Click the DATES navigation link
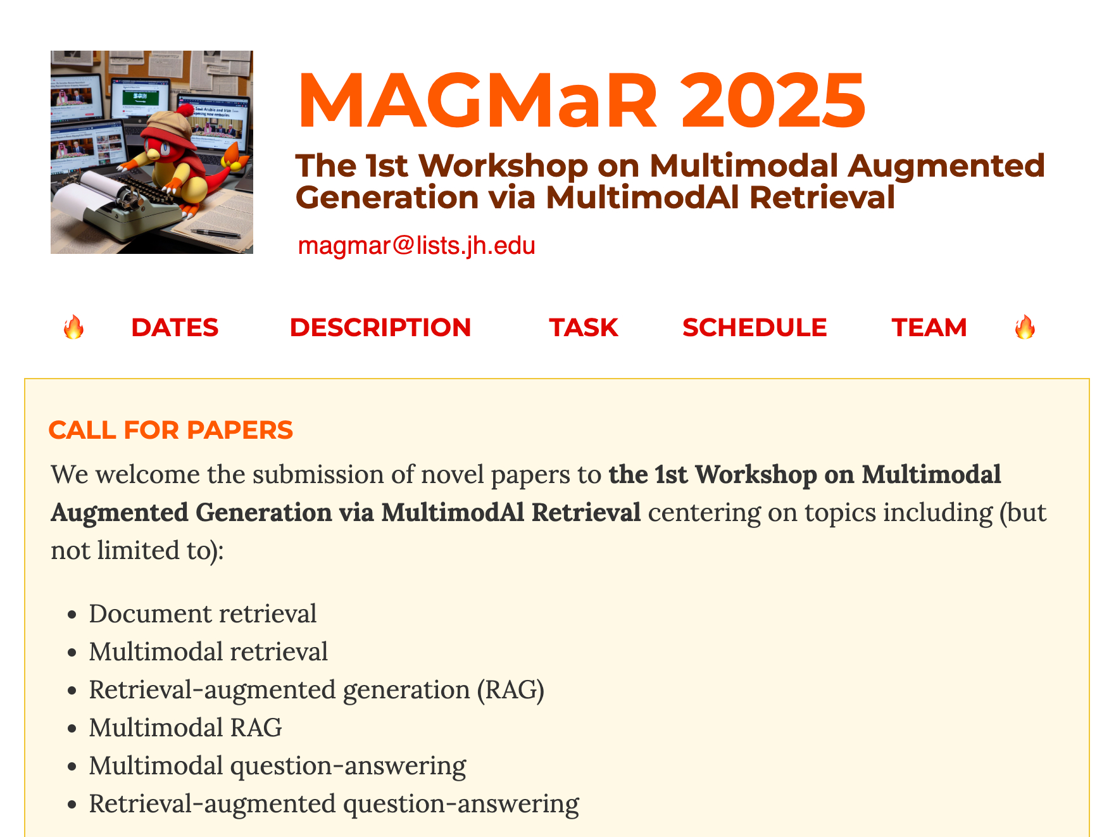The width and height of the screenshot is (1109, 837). click(x=175, y=327)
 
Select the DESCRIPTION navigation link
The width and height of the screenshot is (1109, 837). click(x=380, y=327)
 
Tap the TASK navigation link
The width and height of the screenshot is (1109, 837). click(x=584, y=327)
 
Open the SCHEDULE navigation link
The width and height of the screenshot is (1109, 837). click(x=755, y=327)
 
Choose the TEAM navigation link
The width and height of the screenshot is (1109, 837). click(x=929, y=327)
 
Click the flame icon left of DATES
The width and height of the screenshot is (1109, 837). click(x=73, y=327)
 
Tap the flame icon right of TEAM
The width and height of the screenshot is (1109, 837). click(x=1025, y=327)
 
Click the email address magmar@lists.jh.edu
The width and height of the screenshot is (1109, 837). click(x=417, y=246)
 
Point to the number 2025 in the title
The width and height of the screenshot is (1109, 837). click(x=773, y=101)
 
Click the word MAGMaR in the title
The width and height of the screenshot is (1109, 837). click(x=478, y=101)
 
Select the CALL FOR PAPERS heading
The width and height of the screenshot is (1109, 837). click(x=171, y=430)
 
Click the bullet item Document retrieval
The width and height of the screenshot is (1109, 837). click(x=203, y=614)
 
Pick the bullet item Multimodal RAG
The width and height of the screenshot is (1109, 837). click(x=185, y=727)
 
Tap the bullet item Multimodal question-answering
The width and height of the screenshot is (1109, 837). click(x=277, y=766)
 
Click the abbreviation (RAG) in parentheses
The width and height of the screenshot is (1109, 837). click(x=511, y=690)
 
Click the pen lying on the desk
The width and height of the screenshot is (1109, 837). click(x=216, y=234)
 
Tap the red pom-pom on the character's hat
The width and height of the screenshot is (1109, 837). click(x=185, y=111)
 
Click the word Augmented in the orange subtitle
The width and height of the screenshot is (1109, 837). click(x=946, y=167)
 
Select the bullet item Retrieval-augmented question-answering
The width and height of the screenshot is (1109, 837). click(x=334, y=804)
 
